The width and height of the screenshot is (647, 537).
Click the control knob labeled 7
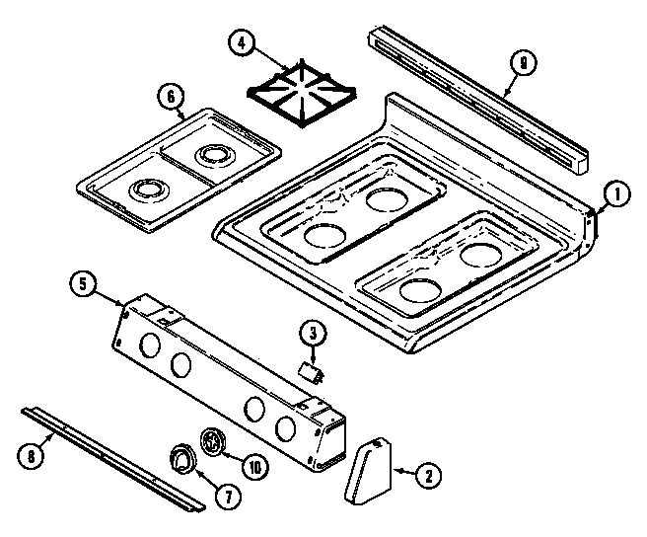click(x=181, y=458)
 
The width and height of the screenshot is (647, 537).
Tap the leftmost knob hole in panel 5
click(x=149, y=346)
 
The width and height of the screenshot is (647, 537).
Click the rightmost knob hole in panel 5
click(x=286, y=427)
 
